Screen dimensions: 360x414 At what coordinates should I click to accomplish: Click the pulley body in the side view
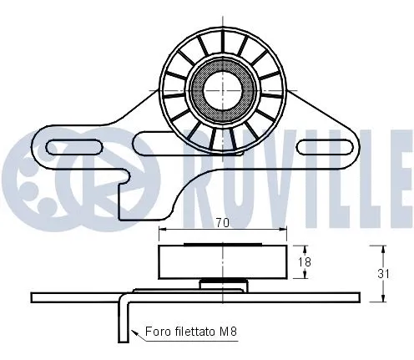(222, 261)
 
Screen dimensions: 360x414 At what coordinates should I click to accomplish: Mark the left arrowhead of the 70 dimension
(162, 230)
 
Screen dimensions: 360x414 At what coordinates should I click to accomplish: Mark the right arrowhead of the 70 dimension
(285, 230)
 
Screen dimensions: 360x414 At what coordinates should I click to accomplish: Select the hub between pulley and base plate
(222, 284)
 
